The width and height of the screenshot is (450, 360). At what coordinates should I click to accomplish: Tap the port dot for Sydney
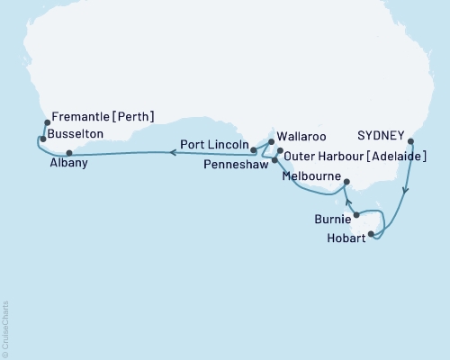tap(411, 141)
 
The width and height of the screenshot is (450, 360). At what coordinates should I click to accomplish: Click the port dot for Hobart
tap(371, 233)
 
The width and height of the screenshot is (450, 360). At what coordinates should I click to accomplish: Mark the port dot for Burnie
tap(357, 215)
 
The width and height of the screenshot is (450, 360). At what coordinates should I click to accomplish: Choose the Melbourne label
tap(310, 177)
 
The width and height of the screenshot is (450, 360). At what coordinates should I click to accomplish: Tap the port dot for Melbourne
tap(345, 183)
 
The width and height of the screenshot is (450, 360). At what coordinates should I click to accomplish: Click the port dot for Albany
tap(68, 153)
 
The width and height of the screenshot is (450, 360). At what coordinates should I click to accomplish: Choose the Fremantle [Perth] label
tap(103, 116)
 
